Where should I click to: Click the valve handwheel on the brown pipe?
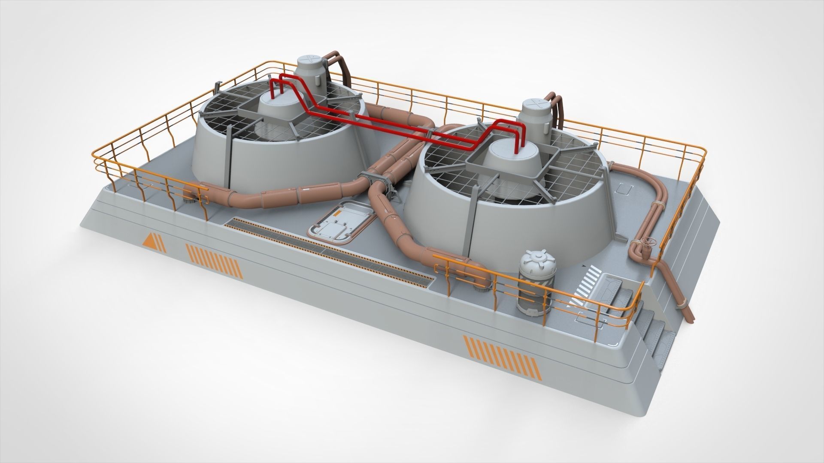pyautogui.click(x=648, y=243)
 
